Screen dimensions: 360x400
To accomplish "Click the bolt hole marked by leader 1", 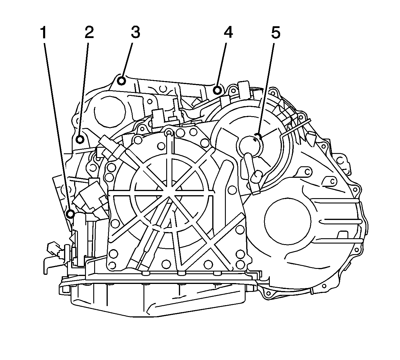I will [x=70, y=214].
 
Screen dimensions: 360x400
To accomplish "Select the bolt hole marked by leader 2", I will [x=80, y=139].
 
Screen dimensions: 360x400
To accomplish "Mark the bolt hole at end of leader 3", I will [x=121, y=80].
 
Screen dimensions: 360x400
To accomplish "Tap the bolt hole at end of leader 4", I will [x=218, y=90].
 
